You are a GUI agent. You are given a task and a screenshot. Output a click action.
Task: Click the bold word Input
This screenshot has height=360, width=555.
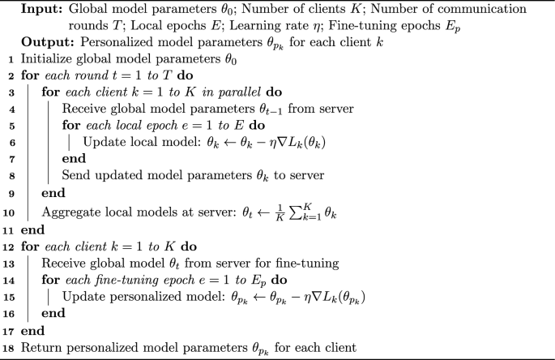click(x=41, y=10)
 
